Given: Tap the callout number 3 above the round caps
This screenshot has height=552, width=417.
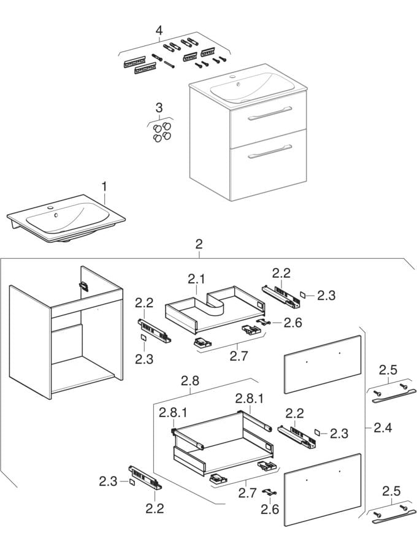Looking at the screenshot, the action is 159,107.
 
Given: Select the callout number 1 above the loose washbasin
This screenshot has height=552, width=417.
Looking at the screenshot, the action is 104,187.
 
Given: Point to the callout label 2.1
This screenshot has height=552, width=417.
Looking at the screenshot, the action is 196,280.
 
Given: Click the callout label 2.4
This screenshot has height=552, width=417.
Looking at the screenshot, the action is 383,427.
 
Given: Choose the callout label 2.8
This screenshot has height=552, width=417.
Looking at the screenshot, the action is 190,380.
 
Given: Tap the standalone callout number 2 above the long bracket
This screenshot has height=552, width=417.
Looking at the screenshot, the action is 199,244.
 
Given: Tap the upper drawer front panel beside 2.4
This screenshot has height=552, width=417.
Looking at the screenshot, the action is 323,364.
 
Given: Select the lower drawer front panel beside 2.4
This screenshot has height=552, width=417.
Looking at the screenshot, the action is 323,489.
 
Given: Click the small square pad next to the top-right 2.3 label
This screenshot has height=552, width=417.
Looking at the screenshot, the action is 303,294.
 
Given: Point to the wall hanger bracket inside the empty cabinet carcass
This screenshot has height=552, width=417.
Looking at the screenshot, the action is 83,285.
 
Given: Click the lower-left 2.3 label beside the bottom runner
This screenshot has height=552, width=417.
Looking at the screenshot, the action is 108,481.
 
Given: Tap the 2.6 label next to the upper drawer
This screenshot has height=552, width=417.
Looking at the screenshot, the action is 293,323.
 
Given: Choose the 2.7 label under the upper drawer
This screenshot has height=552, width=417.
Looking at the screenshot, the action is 239,356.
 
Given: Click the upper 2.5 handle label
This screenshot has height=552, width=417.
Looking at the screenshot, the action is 389,370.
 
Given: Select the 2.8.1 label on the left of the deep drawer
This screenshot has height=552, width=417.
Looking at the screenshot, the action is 173,412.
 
